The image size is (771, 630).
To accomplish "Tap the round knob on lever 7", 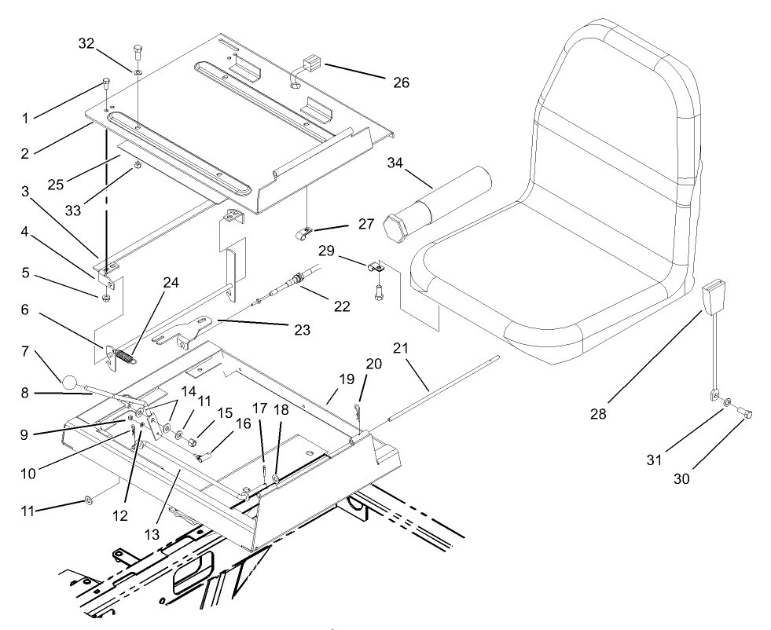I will [x=71, y=383].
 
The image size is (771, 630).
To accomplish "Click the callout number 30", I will [x=681, y=478].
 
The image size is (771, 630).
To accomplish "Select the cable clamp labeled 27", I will [x=301, y=233].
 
